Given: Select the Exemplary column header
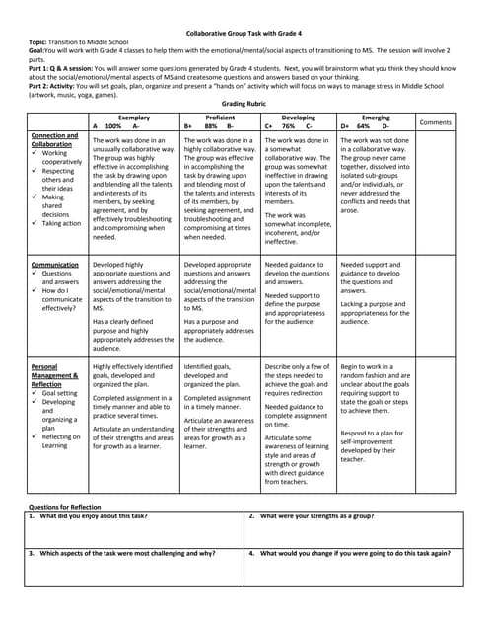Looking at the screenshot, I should pos(134,118).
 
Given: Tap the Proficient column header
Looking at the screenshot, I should pos(220,118).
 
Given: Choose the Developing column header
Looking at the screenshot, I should pos(299,118).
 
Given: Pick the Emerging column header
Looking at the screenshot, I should pos(376,118).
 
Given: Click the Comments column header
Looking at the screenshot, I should pos(436,122).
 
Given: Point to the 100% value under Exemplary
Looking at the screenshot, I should pos(113,127).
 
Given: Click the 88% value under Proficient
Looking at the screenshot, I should pos(210,127).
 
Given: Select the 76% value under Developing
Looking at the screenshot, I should pos(288,127).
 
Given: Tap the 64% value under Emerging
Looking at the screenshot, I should pos(364,127).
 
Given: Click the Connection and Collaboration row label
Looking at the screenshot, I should pos(54,140).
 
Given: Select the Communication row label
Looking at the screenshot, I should pos(55,265).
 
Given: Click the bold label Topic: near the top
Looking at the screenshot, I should pos(38,44).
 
